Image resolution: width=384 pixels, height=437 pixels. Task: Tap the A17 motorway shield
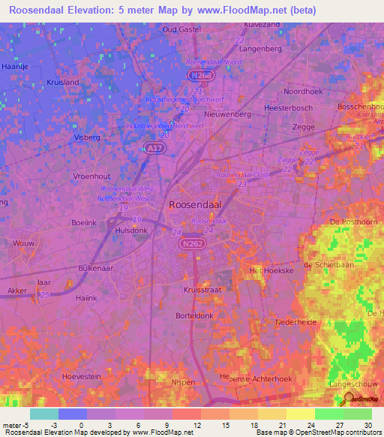point(153,149)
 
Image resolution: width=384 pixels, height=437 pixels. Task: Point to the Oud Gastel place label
point(181,29)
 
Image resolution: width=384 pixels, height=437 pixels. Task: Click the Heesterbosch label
point(287,108)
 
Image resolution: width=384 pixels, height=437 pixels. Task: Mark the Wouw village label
point(25,244)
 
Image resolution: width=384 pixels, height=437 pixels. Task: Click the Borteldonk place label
point(196,317)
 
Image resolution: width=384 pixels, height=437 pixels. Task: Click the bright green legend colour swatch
point(328,414)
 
